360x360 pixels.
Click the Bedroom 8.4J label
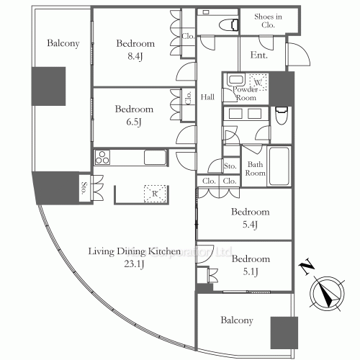point(135,48)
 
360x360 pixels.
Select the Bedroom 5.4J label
point(251,217)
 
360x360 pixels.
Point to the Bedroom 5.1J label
point(251,264)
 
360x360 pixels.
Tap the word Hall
point(208,97)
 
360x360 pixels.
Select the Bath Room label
point(255,168)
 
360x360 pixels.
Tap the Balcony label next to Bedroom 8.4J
point(63,43)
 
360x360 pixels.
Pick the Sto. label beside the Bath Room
point(230,166)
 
